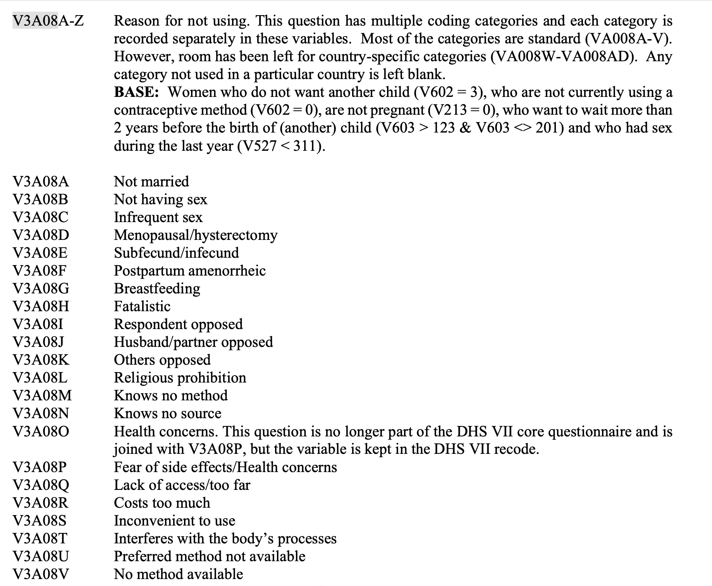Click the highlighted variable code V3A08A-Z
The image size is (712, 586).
click(48, 21)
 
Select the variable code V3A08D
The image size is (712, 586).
click(41, 235)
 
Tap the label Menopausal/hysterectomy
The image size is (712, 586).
click(196, 235)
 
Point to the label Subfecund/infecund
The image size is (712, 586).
click(176, 253)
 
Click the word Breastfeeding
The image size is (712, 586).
click(157, 288)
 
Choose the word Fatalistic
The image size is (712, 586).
click(142, 306)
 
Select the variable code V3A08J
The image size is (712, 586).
click(38, 342)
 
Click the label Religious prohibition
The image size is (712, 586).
click(180, 377)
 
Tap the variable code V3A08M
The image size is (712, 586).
click(42, 395)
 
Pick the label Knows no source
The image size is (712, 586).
click(167, 413)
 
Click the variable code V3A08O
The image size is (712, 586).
click(41, 431)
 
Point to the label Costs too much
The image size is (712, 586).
click(162, 503)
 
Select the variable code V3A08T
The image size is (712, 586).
click(40, 538)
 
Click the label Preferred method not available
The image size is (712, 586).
click(210, 556)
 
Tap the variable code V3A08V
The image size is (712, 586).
click(41, 574)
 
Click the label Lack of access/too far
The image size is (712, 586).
click(182, 485)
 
